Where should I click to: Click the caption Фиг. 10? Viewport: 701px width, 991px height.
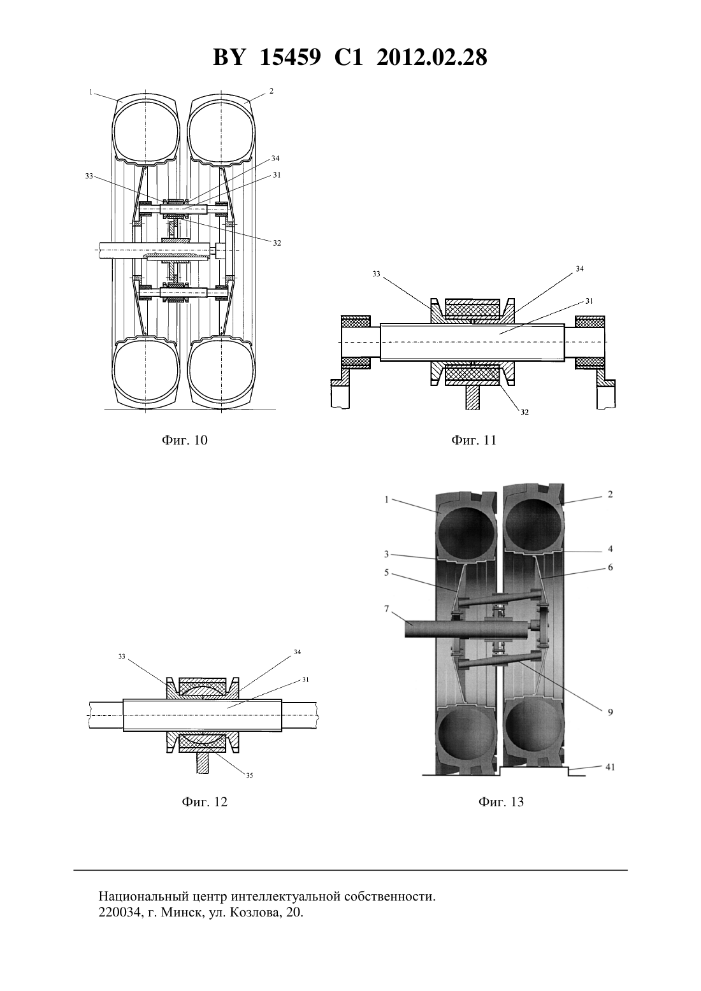(185, 440)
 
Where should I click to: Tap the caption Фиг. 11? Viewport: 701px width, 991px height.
(473, 440)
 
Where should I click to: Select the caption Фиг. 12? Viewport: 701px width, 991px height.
(205, 802)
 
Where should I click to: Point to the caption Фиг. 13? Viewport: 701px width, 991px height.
(501, 802)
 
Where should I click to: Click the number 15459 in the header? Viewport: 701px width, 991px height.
(290, 57)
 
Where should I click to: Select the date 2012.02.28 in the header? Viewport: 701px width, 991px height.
(432, 57)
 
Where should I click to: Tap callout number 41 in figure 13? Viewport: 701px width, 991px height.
(610, 767)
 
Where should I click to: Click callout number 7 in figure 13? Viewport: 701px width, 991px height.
(386, 610)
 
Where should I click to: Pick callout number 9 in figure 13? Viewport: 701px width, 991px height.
(610, 712)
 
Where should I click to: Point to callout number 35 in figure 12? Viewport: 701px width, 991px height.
(250, 776)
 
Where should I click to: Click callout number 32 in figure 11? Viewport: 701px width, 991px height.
(524, 412)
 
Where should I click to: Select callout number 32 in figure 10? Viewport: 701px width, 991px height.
(277, 243)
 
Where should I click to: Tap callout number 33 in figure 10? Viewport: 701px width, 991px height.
(89, 176)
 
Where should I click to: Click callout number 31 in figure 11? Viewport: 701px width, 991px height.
(589, 301)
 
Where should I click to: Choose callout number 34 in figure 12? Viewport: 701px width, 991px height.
(297, 652)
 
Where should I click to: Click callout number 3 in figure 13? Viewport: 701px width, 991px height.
(386, 554)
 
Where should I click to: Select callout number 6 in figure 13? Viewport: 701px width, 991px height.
(610, 567)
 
